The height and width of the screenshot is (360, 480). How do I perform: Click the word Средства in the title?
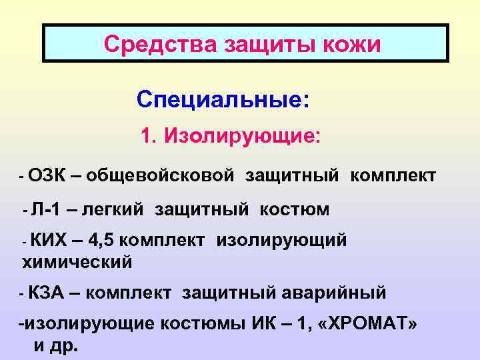click(145, 45)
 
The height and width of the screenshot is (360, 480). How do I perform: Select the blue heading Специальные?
click(223, 100)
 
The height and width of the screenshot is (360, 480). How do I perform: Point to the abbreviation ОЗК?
click(47, 176)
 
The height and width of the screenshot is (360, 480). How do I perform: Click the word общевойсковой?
click(160, 176)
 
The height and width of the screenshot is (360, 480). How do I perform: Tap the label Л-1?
click(46, 210)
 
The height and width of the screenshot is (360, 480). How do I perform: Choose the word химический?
click(77, 263)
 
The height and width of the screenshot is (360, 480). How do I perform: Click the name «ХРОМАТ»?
click(367, 325)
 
